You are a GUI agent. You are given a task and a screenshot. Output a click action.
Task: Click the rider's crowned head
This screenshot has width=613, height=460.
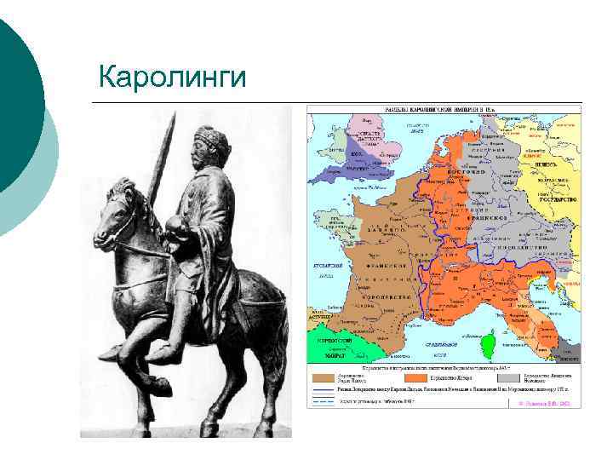click(x=209, y=149)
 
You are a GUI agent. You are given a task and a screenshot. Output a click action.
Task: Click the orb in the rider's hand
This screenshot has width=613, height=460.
click(x=176, y=226)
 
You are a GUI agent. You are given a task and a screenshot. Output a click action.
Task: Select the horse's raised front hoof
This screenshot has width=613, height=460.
click(x=113, y=351)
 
